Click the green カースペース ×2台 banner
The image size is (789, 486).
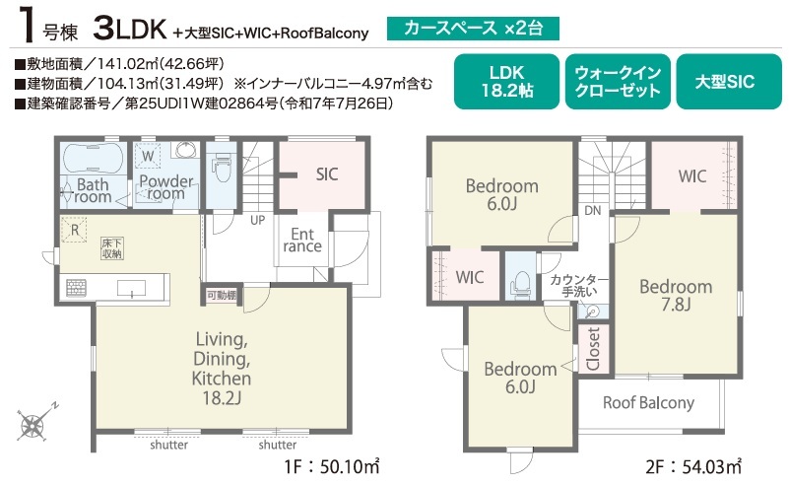[473, 29]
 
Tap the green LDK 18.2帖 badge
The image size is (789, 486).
[506, 82]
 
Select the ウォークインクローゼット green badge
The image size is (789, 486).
[618, 82]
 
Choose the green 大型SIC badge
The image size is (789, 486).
[729, 82]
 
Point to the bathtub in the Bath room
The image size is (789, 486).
[94, 158]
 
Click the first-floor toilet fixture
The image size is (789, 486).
[222, 170]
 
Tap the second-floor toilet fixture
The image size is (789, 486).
[521, 284]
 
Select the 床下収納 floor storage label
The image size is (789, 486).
[111, 248]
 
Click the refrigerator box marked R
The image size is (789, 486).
[74, 230]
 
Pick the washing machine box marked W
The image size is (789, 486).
[148, 156]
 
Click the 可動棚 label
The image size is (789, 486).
[222, 296]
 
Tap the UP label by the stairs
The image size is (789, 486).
[258, 220]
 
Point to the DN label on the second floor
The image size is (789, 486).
[593, 211]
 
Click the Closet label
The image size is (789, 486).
[594, 349]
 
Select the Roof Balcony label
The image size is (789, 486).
[648, 403]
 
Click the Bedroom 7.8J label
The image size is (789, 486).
[676, 295]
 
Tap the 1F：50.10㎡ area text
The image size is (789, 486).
[332, 467]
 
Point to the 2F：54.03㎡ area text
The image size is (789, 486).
[693, 467]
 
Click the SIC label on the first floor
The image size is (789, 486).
[327, 174]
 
